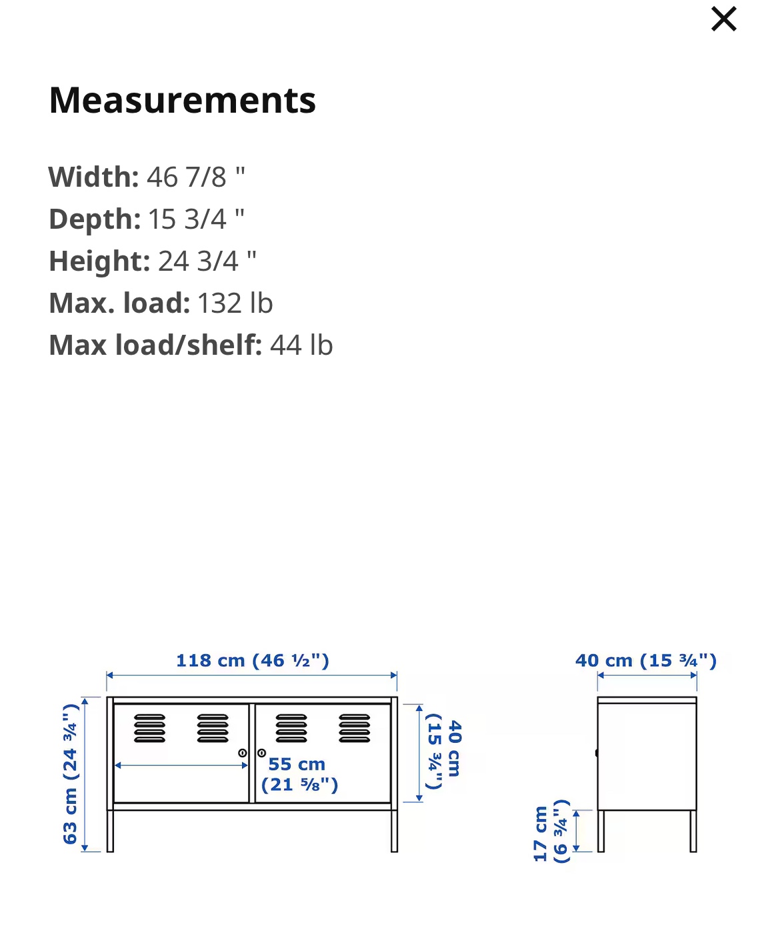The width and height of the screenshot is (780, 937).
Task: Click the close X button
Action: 723,19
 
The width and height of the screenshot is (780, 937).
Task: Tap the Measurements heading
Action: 182,100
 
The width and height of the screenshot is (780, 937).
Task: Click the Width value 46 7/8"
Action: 196,177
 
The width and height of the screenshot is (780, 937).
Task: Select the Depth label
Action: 95,219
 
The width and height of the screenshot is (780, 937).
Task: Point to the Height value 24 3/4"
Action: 207,261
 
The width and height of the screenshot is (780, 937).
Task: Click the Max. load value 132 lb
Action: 235,303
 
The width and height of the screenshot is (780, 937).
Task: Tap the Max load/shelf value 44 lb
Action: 301,345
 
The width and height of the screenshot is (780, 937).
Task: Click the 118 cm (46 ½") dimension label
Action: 253,660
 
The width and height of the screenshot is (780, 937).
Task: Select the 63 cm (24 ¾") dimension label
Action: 71,774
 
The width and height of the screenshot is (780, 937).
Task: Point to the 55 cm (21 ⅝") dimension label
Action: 299,774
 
